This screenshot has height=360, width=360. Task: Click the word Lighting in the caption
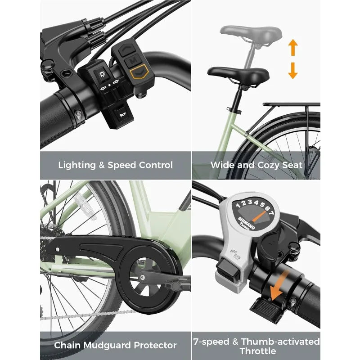pos(78,165)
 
